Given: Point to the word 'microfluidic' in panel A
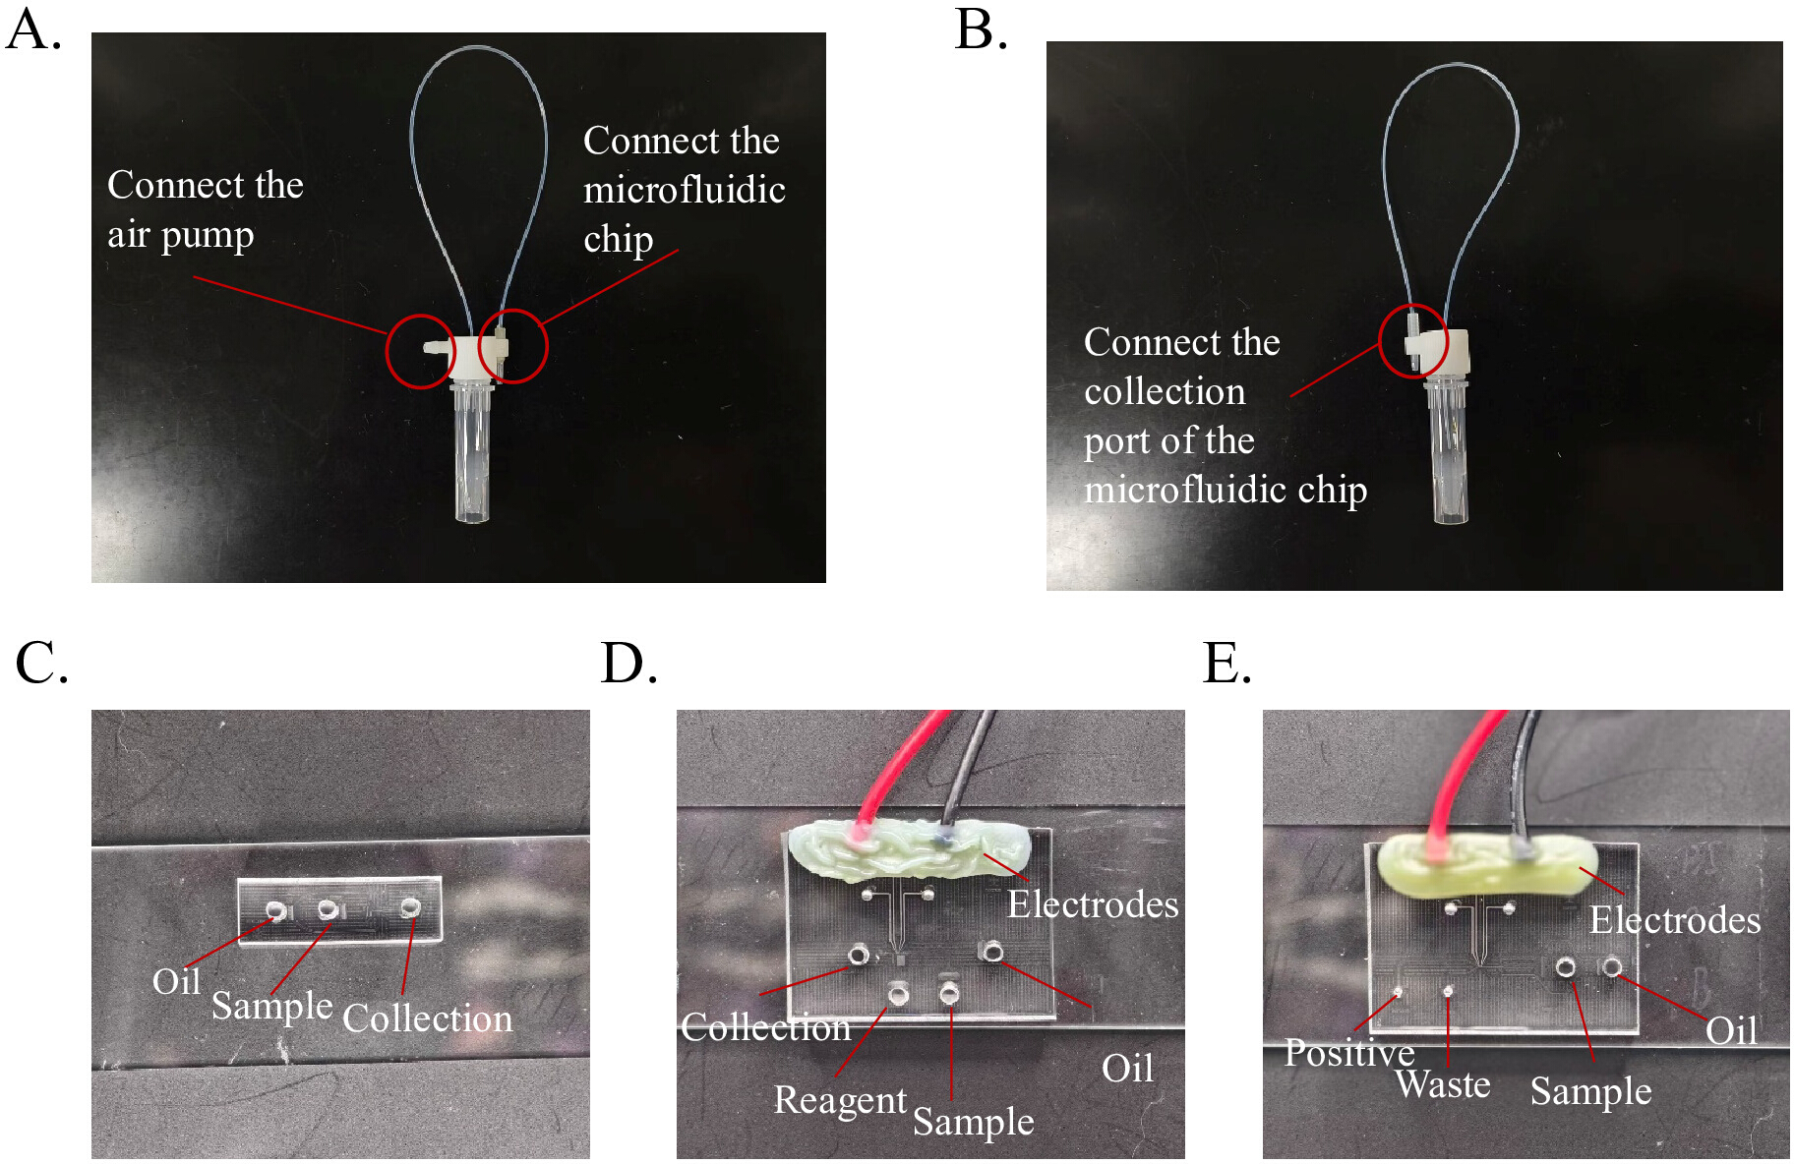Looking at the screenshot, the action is [685, 189].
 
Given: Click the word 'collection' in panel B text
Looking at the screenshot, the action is [1165, 391].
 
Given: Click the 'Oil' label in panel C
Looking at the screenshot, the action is [176, 981].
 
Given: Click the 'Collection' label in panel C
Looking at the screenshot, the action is [428, 1018].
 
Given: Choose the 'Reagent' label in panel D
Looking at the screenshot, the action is [840, 1101].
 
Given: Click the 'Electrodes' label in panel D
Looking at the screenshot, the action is [1093, 904].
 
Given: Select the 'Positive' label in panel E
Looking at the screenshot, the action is [1349, 1053].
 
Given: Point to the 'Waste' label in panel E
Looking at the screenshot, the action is [1443, 1084].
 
